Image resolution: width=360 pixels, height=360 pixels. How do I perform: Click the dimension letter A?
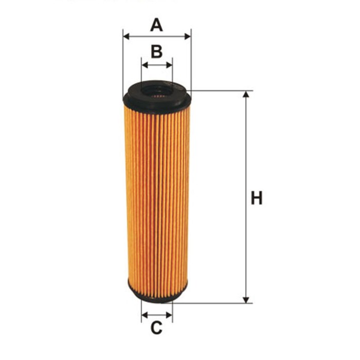tap(156, 25)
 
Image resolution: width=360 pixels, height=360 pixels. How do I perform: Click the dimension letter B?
tap(157, 51)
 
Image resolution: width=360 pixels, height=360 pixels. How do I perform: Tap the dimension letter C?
tap(156, 327)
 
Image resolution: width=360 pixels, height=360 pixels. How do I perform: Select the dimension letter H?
tap(256, 198)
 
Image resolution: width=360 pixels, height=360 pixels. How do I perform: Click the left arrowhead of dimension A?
tap(127, 37)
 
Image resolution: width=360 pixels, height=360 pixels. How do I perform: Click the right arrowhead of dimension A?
tap(188, 37)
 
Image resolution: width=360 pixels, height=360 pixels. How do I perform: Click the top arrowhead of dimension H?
tap(246, 95)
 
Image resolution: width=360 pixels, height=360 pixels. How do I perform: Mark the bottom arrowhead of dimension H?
tap(246, 299)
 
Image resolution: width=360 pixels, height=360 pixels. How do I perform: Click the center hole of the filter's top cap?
tap(156, 91)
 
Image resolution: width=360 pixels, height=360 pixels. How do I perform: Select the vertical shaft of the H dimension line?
tap(246, 154)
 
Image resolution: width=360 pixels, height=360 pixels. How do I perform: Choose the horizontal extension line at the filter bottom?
tap(216, 303)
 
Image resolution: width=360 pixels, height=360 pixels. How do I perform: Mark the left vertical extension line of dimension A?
tap(123, 62)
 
